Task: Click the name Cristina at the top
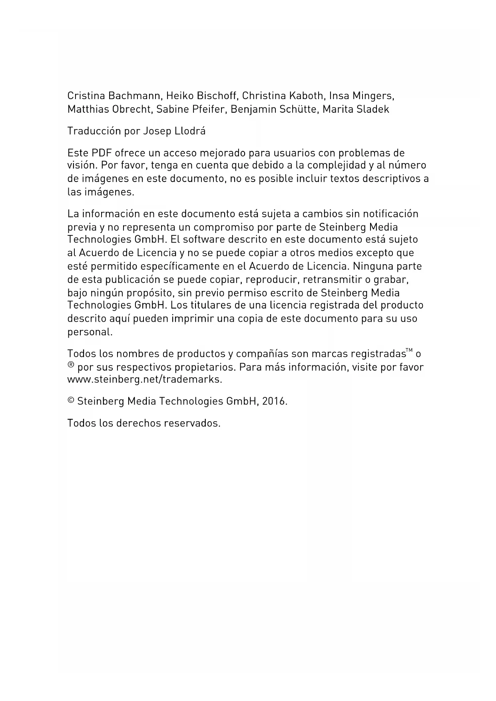tap(86, 96)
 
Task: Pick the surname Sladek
tap(373, 110)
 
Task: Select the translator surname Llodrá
tap(190, 131)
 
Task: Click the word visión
tap(82, 165)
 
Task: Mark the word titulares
tap(214, 305)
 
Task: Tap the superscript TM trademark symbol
tap(409, 351)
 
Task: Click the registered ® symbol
tap(71, 365)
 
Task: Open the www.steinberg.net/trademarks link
tap(144, 380)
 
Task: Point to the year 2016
tap(275, 401)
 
